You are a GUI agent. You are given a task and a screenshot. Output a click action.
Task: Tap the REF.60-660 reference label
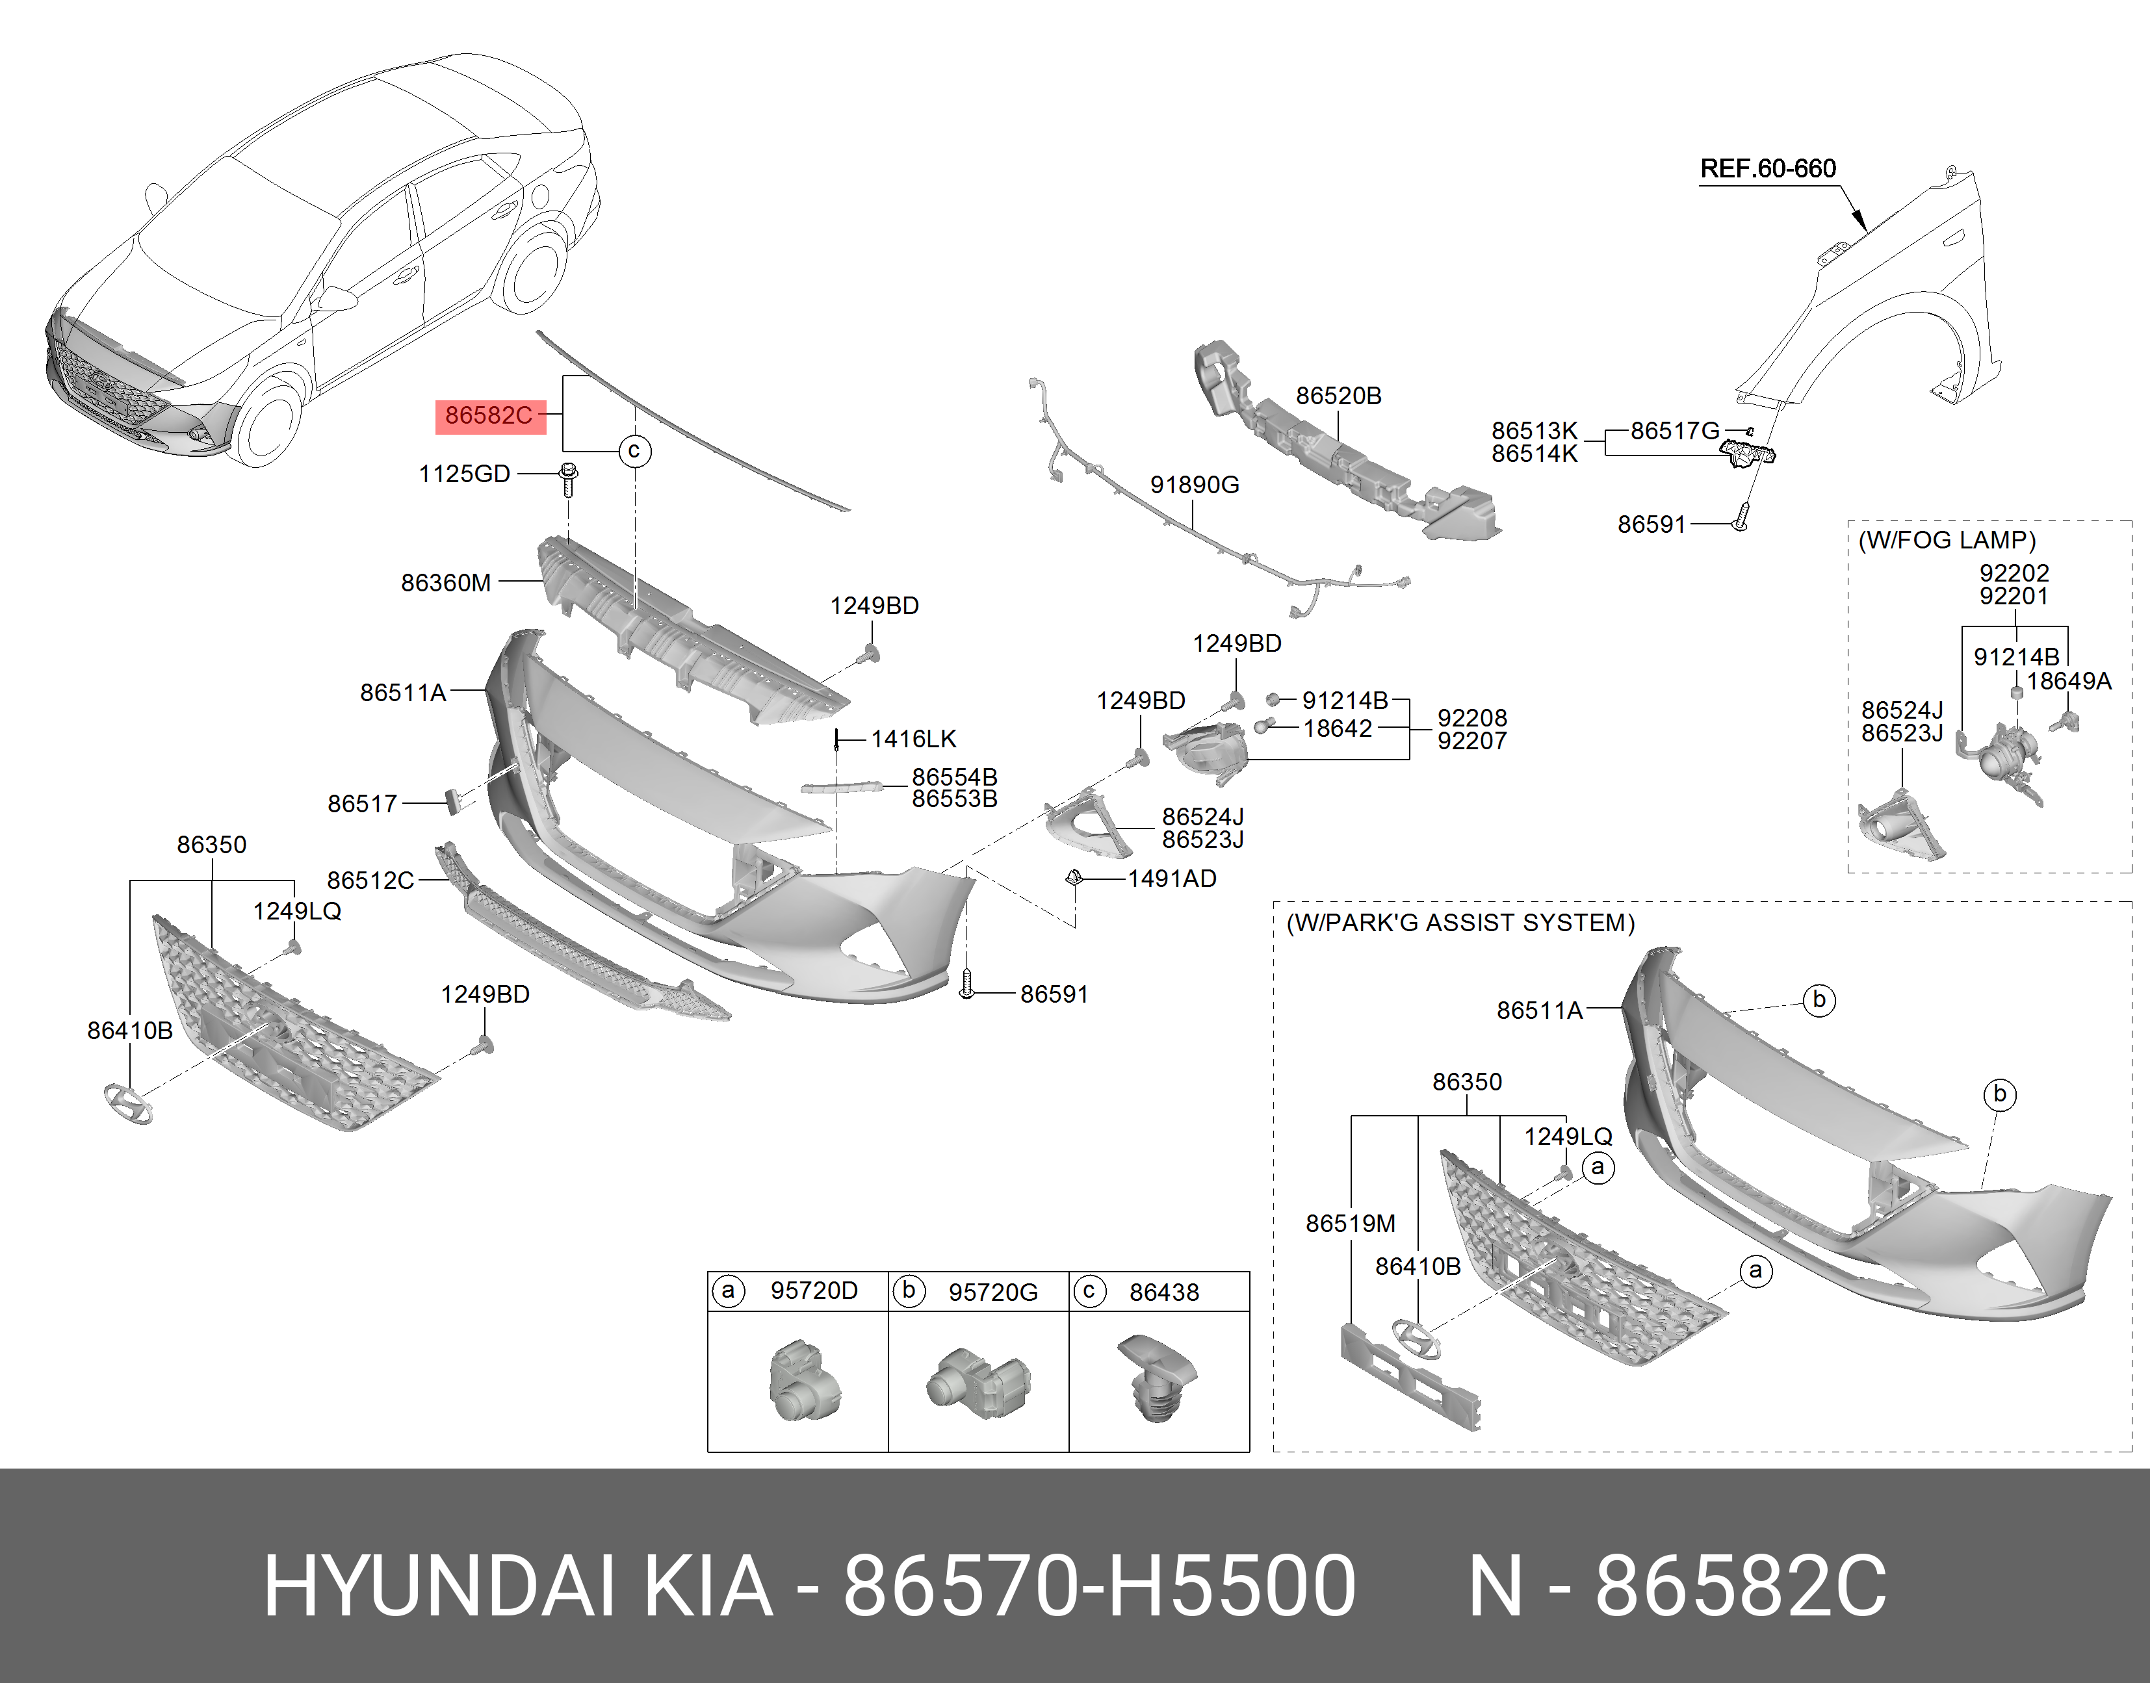tap(1768, 168)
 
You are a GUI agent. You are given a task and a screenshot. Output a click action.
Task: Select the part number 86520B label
tap(1338, 396)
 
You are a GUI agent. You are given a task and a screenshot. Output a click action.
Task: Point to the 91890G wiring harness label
tap(1194, 485)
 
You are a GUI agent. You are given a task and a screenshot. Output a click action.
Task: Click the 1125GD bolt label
tap(464, 474)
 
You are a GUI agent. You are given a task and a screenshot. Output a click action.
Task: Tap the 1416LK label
tap(913, 739)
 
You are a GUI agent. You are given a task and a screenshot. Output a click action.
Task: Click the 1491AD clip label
tap(1172, 879)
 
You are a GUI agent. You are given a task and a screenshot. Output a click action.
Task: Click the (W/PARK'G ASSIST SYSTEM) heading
tap(1460, 923)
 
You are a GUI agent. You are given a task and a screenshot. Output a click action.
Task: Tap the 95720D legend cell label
tap(814, 1291)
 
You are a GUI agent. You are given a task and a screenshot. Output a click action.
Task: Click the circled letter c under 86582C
tap(634, 452)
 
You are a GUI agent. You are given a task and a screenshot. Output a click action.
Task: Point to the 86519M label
tap(1350, 1224)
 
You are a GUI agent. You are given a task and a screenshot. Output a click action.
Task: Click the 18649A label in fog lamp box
tap(2069, 681)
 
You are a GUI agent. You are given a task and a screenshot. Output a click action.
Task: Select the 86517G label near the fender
tap(1674, 431)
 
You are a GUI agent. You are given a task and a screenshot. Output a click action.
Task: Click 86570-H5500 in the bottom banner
tap(1098, 1586)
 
